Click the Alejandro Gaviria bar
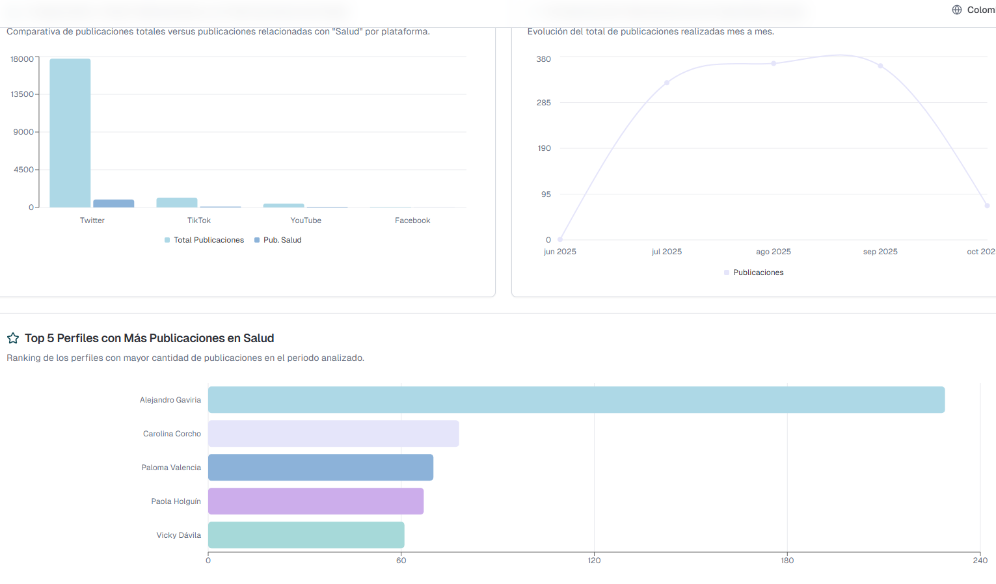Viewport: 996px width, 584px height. (x=576, y=400)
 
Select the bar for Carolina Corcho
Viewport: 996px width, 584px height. (x=333, y=434)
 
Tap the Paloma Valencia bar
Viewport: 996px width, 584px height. (x=320, y=468)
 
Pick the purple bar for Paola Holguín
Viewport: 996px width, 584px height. (x=316, y=501)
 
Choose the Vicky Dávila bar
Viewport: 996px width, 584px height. (x=306, y=535)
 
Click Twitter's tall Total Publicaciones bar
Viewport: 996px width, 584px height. (x=70, y=133)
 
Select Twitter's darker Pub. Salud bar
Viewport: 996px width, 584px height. (x=114, y=204)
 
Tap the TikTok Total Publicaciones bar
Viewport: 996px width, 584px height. (x=177, y=202)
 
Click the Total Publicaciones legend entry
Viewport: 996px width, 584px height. (x=204, y=240)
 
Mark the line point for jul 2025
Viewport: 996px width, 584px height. (x=667, y=83)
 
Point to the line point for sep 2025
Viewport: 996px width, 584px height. (x=880, y=66)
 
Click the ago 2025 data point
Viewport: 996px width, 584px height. (x=774, y=63)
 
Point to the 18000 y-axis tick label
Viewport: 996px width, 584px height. (x=22, y=59)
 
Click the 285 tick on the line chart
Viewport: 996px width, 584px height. (x=544, y=103)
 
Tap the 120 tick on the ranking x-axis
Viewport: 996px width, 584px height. (x=594, y=561)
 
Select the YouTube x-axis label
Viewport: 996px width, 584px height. (x=306, y=220)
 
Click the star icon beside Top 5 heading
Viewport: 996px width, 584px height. (x=13, y=338)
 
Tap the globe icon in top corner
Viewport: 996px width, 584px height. (x=957, y=10)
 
